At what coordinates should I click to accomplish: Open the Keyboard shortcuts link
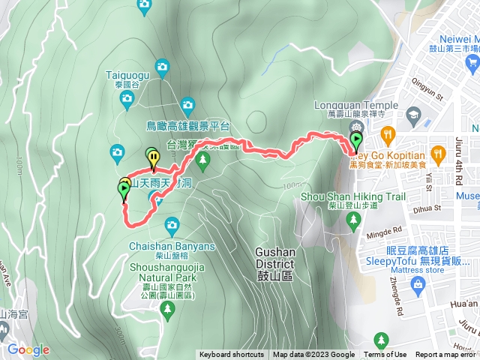click(x=232, y=355)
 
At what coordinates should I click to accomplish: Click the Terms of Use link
click(x=385, y=355)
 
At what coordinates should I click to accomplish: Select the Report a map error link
click(x=445, y=355)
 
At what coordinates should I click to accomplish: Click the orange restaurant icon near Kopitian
click(x=387, y=136)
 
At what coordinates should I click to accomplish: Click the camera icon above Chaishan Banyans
click(x=172, y=224)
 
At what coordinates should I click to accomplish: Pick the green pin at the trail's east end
click(x=355, y=140)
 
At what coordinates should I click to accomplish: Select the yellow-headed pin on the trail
click(x=154, y=158)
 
